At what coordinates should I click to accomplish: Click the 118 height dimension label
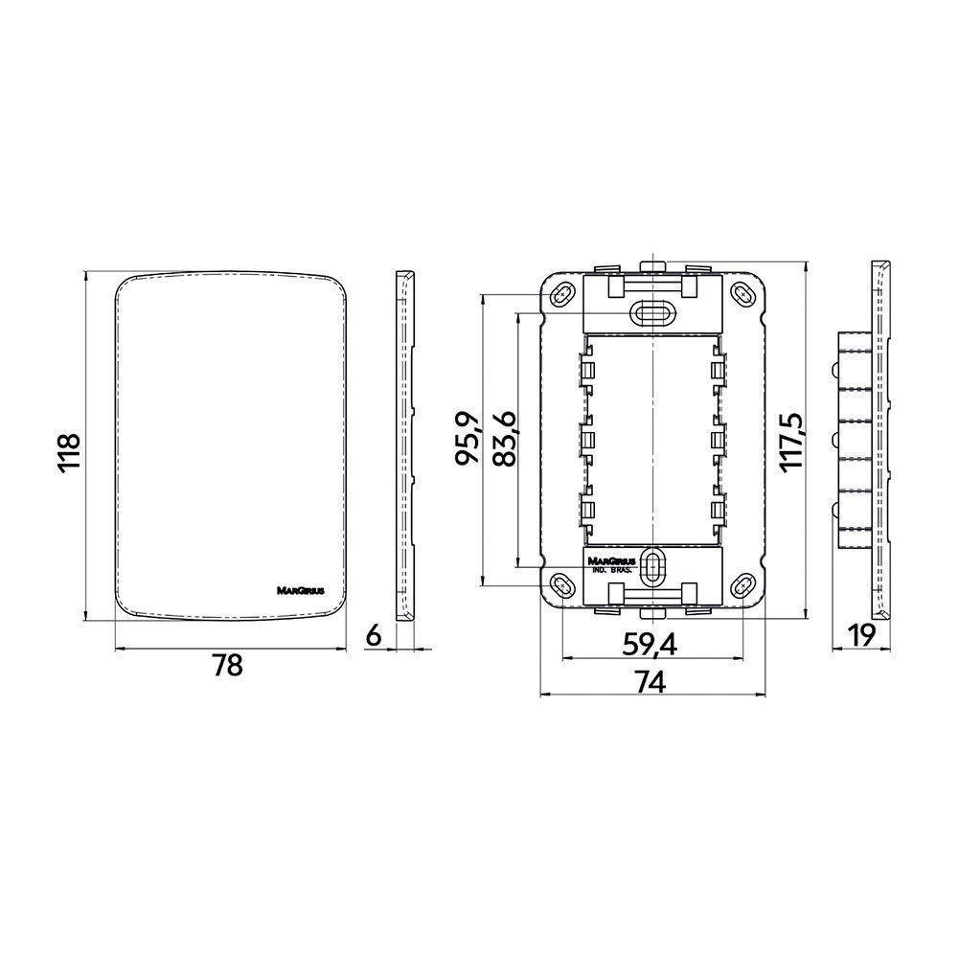[x=67, y=445]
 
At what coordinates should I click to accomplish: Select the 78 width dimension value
[x=226, y=667]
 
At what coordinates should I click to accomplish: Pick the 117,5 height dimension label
[x=790, y=441]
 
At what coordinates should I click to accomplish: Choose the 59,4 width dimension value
[x=650, y=645]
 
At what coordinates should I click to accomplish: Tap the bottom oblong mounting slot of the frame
[x=653, y=567]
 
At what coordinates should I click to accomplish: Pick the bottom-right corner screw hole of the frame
[x=744, y=585]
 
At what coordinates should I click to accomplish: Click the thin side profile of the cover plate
[x=406, y=445]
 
